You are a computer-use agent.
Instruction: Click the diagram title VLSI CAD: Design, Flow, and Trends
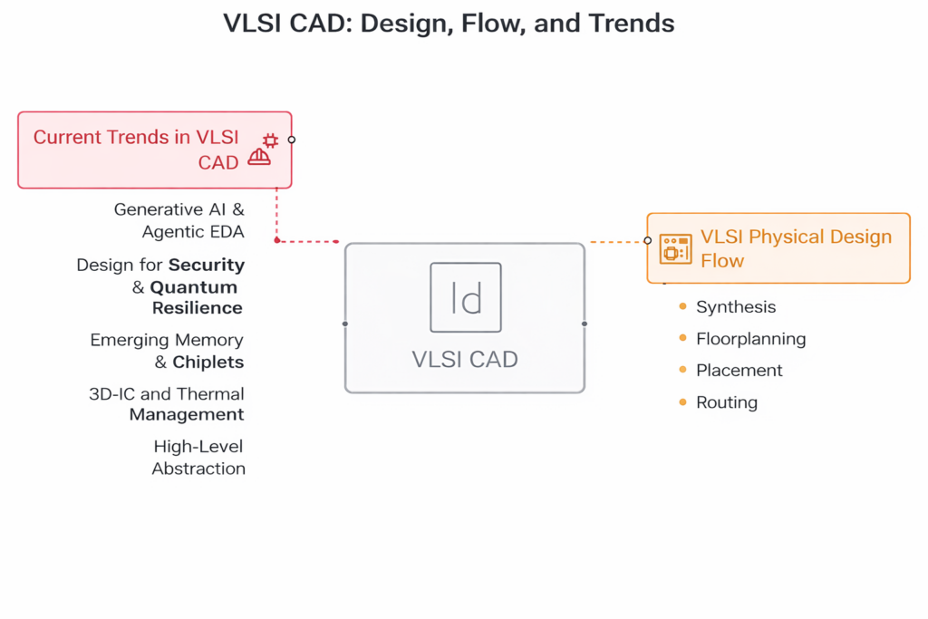coord(449,24)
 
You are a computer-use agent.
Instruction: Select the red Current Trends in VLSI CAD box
coord(154,150)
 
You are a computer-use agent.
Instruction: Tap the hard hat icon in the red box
coord(259,157)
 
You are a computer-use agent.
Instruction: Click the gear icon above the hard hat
coord(270,140)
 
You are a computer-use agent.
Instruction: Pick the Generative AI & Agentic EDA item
coord(179,220)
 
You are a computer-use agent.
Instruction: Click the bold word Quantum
coord(194,287)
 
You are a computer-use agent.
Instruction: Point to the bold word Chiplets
coord(208,363)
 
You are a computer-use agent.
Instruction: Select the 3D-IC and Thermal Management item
coord(167,404)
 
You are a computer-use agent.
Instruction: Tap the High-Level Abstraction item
coord(198,458)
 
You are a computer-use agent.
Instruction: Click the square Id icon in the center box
coord(466,297)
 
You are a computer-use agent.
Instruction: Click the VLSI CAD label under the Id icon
coord(465,359)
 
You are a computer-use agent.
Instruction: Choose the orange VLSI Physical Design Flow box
coord(778,248)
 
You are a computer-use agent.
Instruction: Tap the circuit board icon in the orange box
coord(675,248)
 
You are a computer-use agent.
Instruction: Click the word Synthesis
coord(736,307)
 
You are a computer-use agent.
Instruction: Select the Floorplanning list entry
coord(751,338)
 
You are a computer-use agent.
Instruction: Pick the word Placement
coord(739,371)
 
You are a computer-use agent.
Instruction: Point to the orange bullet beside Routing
coord(683,401)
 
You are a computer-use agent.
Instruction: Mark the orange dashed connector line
coord(618,241)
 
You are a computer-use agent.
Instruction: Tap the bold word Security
coord(207,265)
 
